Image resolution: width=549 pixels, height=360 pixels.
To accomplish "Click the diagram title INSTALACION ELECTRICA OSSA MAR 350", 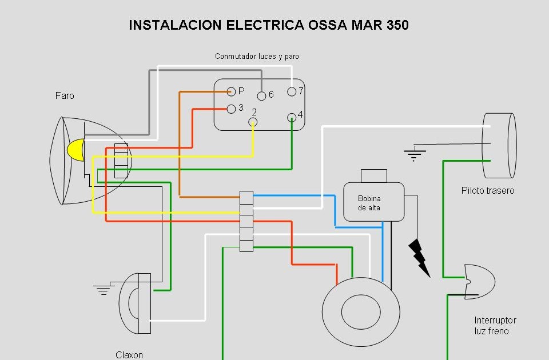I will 269,25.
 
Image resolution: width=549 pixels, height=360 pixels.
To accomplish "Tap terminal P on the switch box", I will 231,91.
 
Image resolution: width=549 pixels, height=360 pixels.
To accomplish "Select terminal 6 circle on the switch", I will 261,95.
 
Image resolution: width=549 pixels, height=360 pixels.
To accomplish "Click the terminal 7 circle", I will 292,91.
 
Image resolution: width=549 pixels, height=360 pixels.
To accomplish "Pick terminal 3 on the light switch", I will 231,109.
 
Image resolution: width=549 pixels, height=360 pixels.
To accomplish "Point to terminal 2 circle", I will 253,122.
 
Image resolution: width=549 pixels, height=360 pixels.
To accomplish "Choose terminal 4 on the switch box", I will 292,117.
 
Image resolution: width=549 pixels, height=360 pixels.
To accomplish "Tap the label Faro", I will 65,96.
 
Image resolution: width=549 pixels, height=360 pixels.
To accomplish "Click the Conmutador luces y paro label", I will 257,57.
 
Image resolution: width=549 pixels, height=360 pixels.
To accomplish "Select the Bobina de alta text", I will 369,203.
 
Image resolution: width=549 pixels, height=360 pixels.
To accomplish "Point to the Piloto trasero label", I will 488,190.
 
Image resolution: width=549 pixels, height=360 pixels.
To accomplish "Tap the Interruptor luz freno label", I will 495,326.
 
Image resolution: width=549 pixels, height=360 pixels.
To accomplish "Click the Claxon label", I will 129,355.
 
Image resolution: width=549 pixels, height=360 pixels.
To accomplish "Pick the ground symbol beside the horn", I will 103,289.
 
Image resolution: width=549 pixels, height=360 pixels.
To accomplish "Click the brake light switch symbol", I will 479,281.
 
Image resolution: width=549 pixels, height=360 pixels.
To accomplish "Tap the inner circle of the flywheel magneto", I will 361,311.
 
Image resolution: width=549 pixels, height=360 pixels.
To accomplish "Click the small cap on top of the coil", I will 373,176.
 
